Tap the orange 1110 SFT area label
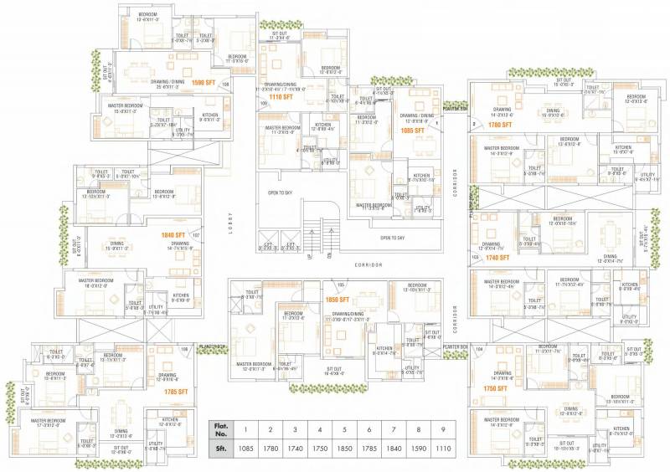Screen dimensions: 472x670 coord(281,97)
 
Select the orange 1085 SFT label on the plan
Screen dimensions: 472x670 coord(413,131)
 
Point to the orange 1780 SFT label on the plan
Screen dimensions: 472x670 coord(499,125)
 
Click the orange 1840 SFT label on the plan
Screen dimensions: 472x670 coord(174,235)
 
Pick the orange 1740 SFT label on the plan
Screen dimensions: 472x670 coord(498,258)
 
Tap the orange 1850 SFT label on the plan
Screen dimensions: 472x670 coord(338,299)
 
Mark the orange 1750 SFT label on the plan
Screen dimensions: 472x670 coord(497,388)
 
